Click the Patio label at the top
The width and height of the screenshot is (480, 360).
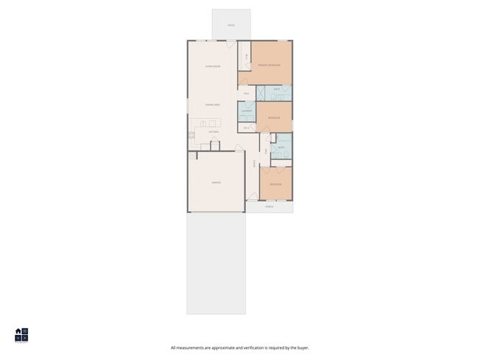(x=231, y=26)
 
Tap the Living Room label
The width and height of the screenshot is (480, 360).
(x=213, y=66)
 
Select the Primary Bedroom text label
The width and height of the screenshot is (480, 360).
(x=269, y=66)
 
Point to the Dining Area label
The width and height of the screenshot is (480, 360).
(x=213, y=105)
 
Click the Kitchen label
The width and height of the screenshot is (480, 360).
(x=213, y=132)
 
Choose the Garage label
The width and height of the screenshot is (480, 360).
(x=216, y=182)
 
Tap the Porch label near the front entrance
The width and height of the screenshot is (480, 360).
(x=270, y=207)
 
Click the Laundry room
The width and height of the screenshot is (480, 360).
(x=246, y=111)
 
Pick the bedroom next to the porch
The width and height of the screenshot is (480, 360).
(x=275, y=184)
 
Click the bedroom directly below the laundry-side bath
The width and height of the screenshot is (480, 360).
(x=274, y=117)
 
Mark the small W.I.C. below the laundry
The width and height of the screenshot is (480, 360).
(x=246, y=128)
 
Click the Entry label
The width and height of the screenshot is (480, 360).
(x=253, y=163)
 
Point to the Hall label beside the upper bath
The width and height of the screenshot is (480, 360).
(x=246, y=94)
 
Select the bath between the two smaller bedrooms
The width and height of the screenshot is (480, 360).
(x=281, y=147)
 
